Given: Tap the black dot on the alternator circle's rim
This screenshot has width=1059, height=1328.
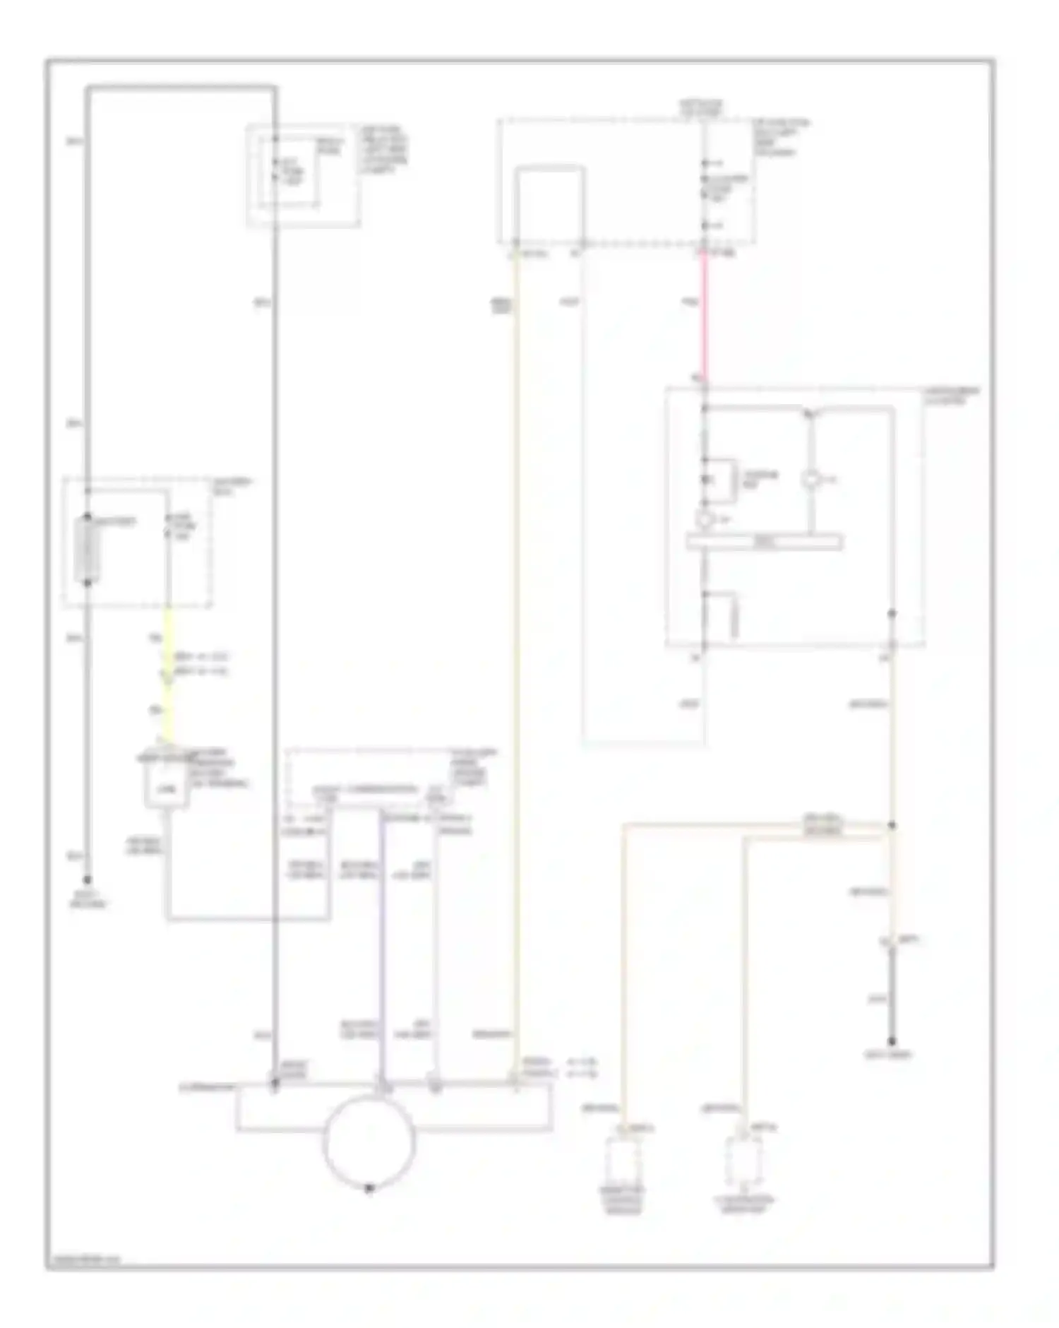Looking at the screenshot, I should [x=369, y=1188].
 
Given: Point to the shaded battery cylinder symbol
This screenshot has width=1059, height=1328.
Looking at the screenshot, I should [x=87, y=549].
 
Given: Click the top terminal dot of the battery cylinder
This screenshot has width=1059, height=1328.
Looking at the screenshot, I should [x=87, y=516].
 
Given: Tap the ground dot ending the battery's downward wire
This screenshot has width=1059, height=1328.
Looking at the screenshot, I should [x=87, y=880].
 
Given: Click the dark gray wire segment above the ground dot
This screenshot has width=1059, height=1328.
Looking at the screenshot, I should [x=892, y=996].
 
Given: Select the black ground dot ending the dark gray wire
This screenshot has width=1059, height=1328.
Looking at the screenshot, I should [x=892, y=1041].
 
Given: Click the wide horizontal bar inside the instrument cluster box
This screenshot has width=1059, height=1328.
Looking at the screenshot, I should [x=764, y=542].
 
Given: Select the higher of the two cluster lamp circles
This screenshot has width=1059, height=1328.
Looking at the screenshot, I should [x=810, y=479].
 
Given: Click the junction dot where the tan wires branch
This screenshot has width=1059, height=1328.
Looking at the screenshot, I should [x=892, y=825].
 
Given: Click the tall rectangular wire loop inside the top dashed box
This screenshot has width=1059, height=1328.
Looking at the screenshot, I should [x=549, y=205].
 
